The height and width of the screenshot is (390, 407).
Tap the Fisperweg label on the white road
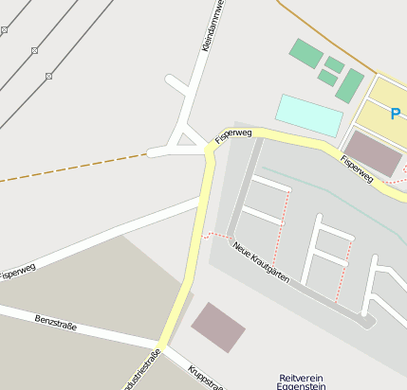click(18, 271)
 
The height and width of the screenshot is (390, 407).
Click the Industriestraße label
click(142, 372)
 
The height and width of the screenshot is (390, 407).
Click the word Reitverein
click(302, 378)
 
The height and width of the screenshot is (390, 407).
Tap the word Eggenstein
click(302, 386)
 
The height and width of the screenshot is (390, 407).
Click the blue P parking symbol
click(395, 114)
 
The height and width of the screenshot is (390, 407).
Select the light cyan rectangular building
click(309, 115)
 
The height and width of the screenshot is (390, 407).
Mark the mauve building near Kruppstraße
click(218, 327)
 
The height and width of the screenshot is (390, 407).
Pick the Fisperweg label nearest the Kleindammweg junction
click(233, 134)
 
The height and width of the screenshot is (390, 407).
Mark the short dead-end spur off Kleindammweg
click(176, 84)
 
